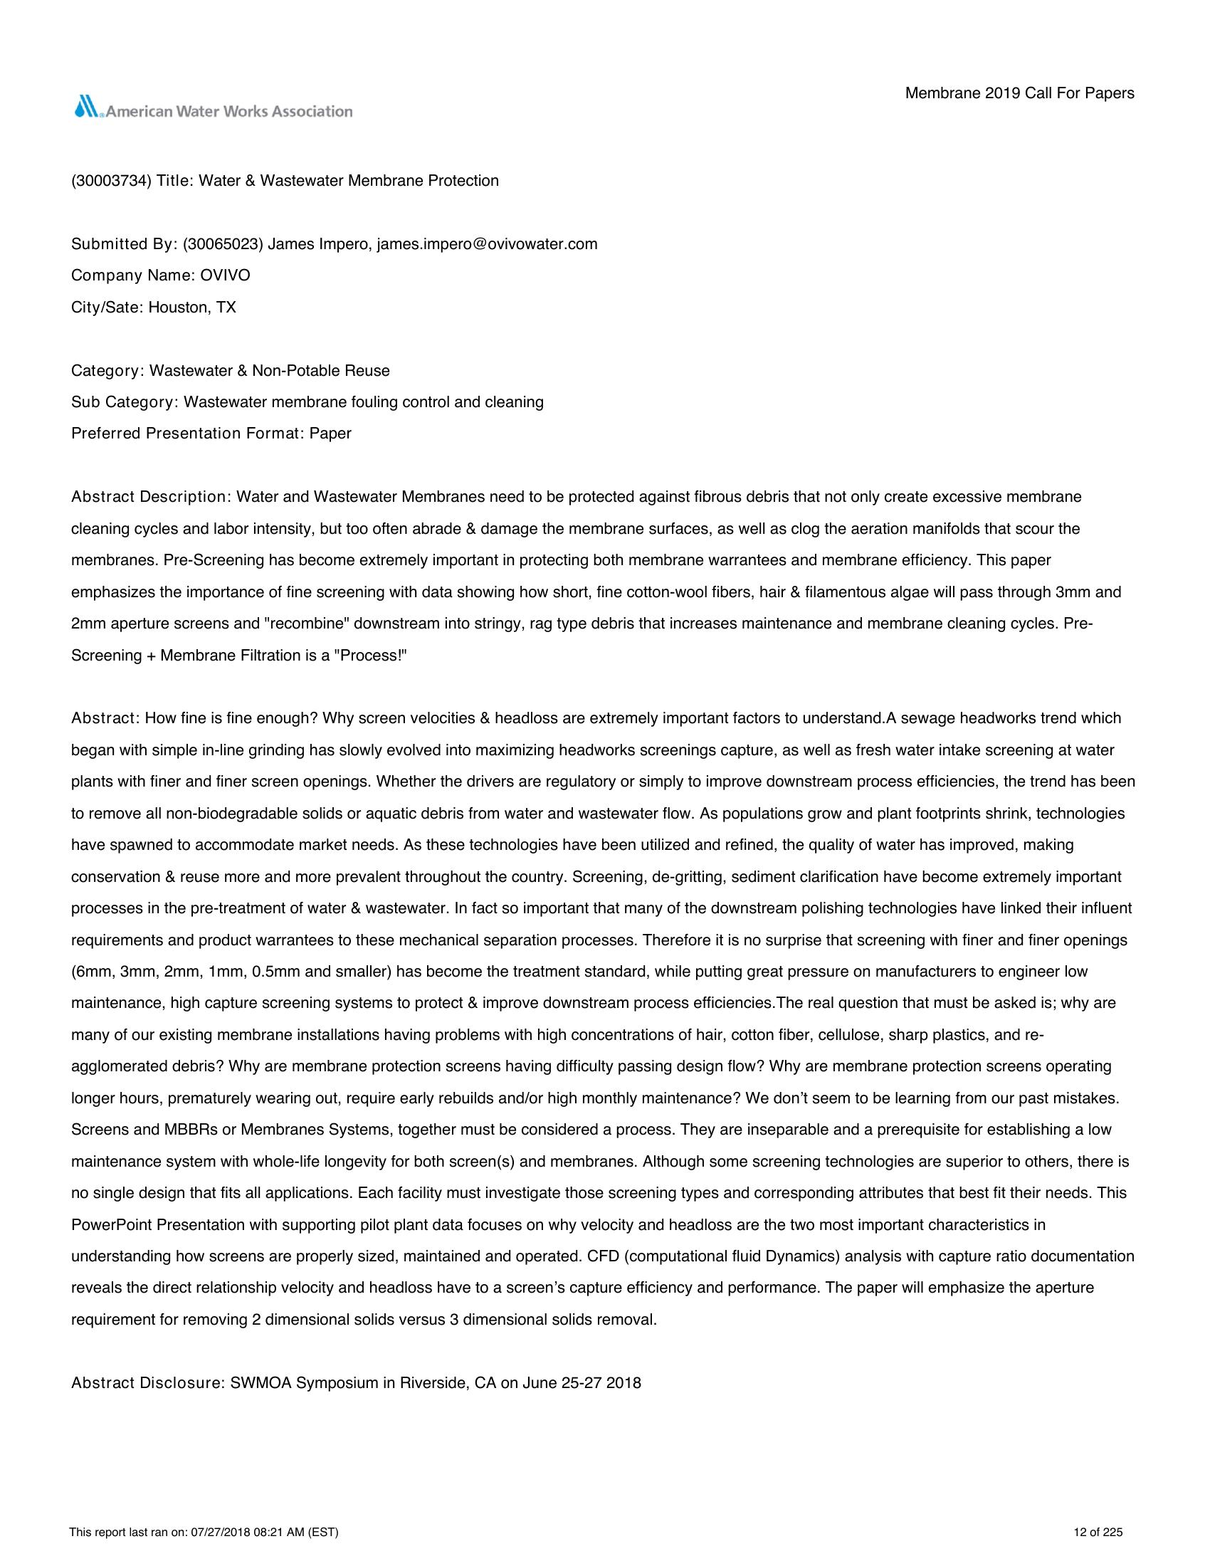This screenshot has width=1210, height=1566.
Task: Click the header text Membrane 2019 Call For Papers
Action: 1019,93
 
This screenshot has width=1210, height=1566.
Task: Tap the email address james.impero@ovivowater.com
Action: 487,243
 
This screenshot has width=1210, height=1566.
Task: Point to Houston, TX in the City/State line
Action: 192,308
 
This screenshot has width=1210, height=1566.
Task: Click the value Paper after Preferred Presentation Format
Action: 330,433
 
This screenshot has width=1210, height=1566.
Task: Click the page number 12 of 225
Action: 1098,1533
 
